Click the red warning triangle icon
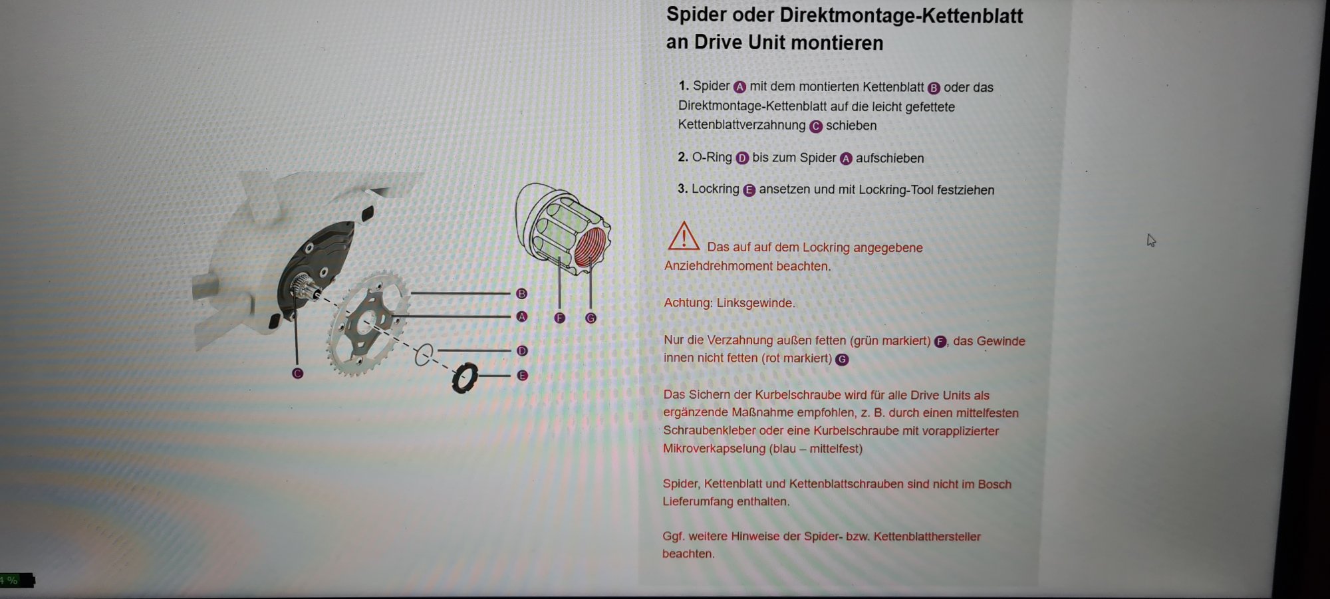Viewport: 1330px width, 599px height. point(683,237)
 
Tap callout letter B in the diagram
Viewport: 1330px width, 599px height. point(521,293)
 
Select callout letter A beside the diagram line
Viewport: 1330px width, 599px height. point(521,316)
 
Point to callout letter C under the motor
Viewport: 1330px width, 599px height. point(297,373)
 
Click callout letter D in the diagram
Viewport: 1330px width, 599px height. point(521,350)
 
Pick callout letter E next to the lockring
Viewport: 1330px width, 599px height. point(522,376)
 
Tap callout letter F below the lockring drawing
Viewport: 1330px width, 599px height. point(559,318)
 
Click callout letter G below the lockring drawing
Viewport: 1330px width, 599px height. point(591,318)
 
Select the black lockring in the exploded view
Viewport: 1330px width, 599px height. point(465,378)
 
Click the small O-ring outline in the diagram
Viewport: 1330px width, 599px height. point(423,355)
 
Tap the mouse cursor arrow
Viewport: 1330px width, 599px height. point(1151,240)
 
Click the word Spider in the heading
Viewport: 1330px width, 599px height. point(696,15)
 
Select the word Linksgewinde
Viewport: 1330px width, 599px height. point(755,303)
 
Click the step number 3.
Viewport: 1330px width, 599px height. point(682,189)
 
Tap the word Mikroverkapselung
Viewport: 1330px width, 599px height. point(714,449)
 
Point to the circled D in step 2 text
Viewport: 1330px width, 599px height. point(742,158)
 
